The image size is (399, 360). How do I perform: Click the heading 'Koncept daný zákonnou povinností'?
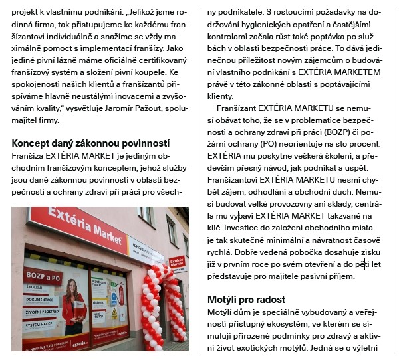tap(91, 143)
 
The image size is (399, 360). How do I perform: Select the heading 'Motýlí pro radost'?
tap(247, 300)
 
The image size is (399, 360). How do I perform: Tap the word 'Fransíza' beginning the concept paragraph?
tap(28, 155)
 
